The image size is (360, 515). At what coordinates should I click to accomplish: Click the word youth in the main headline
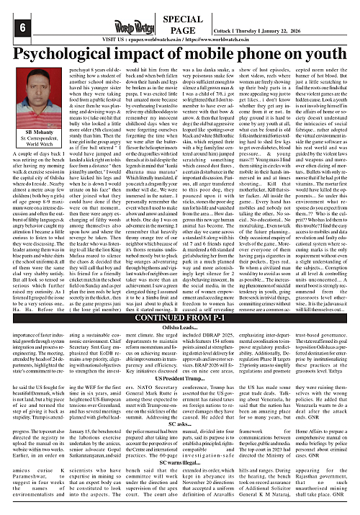310,54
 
